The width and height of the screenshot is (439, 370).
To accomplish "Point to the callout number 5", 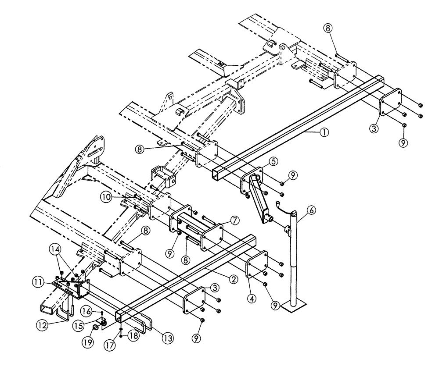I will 273,162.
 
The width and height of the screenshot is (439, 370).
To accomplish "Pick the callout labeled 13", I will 168,338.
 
